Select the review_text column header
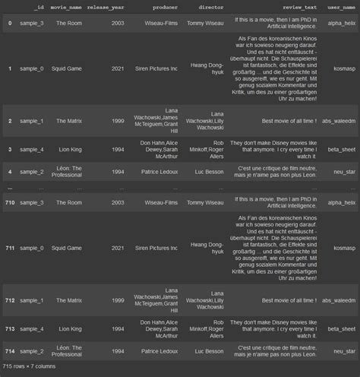tap(301, 8)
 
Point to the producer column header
tap(160, 8)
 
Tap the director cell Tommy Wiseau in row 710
tap(205, 203)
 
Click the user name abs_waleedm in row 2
tap(339, 121)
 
